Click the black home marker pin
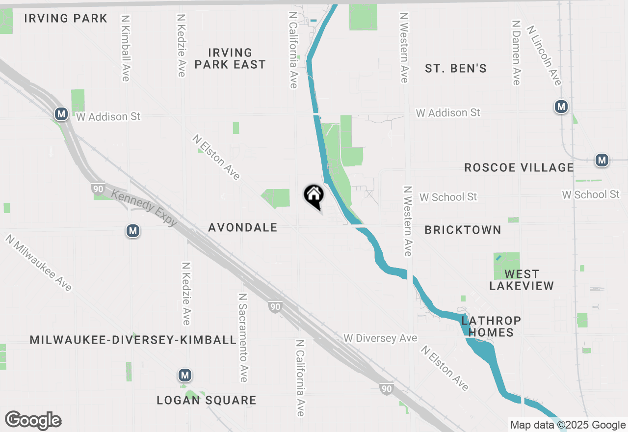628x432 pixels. (314, 196)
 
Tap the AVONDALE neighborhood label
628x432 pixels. (243, 228)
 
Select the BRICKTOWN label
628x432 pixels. (463, 230)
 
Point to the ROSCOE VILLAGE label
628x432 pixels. (519, 168)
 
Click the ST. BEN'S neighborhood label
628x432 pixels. (456, 69)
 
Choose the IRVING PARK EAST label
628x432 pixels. (230, 58)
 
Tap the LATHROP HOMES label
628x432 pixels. (491, 326)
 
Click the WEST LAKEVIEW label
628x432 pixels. (522, 280)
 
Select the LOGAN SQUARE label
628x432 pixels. (207, 401)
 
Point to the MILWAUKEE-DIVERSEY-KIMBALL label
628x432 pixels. (133, 340)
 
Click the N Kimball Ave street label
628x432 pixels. (125, 48)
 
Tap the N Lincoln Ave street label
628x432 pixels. (544, 55)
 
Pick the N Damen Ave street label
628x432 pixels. (516, 53)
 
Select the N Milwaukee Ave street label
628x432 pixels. (39, 263)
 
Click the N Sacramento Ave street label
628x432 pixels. (242, 338)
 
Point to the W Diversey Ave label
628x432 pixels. (380, 338)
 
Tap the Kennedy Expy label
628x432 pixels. (144, 208)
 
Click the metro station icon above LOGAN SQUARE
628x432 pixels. (184, 376)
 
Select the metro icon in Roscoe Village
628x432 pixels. (602, 160)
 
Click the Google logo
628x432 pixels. (33, 421)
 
